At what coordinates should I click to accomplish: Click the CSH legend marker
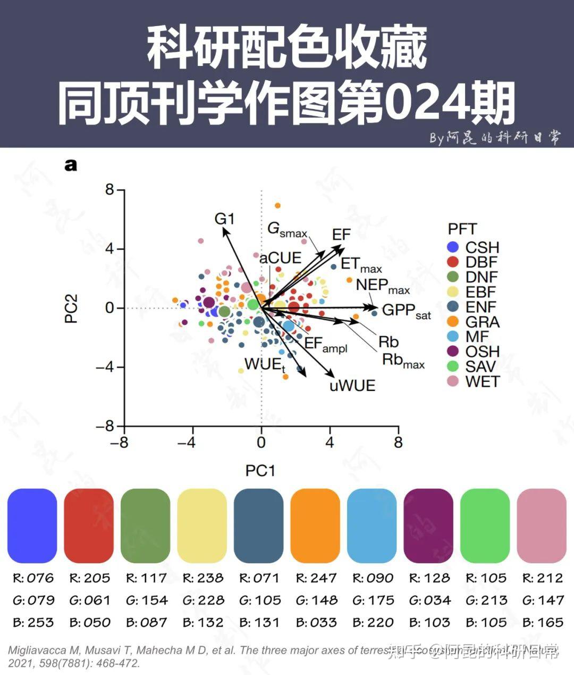[453, 247]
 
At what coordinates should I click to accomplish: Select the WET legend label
[483, 381]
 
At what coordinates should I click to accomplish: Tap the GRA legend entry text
[483, 322]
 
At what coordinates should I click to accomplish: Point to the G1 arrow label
[224, 219]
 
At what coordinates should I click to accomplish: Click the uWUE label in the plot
[352, 385]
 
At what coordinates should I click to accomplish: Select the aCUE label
[280, 258]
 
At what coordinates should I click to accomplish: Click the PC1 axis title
[260, 470]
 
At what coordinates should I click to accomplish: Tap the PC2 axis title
[71, 309]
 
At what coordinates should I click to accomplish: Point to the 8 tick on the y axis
[109, 189]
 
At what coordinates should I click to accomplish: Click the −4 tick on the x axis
[187, 442]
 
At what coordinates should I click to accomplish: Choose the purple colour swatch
[428, 526]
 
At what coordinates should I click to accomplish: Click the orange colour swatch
[315, 526]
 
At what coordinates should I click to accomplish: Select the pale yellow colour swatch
[202, 526]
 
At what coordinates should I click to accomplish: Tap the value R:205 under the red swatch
[89, 578]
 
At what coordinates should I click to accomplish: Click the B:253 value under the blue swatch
[33, 622]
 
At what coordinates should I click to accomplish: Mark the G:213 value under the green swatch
[486, 601]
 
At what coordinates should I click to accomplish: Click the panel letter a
[71, 165]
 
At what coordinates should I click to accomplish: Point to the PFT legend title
[462, 229]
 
